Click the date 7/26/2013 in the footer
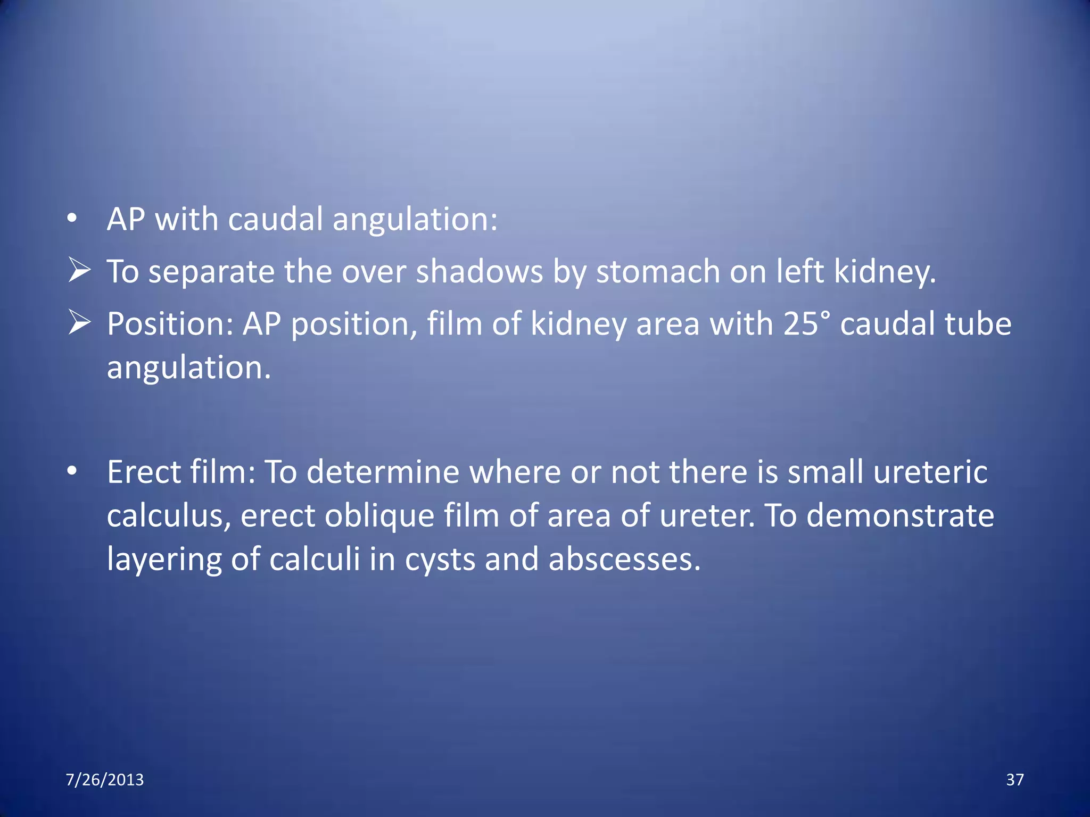tap(104, 780)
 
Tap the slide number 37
tap(1014, 780)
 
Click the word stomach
tap(657, 272)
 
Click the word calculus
tap(169, 516)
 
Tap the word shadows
tap(479, 272)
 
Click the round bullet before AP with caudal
tap(72, 219)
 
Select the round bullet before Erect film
tap(72, 471)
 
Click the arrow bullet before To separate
tap(79, 270)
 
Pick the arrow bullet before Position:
tap(79, 322)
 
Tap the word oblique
tap(379, 516)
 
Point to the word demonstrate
tap(900, 516)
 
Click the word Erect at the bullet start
tap(143, 472)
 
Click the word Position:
tap(170, 324)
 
